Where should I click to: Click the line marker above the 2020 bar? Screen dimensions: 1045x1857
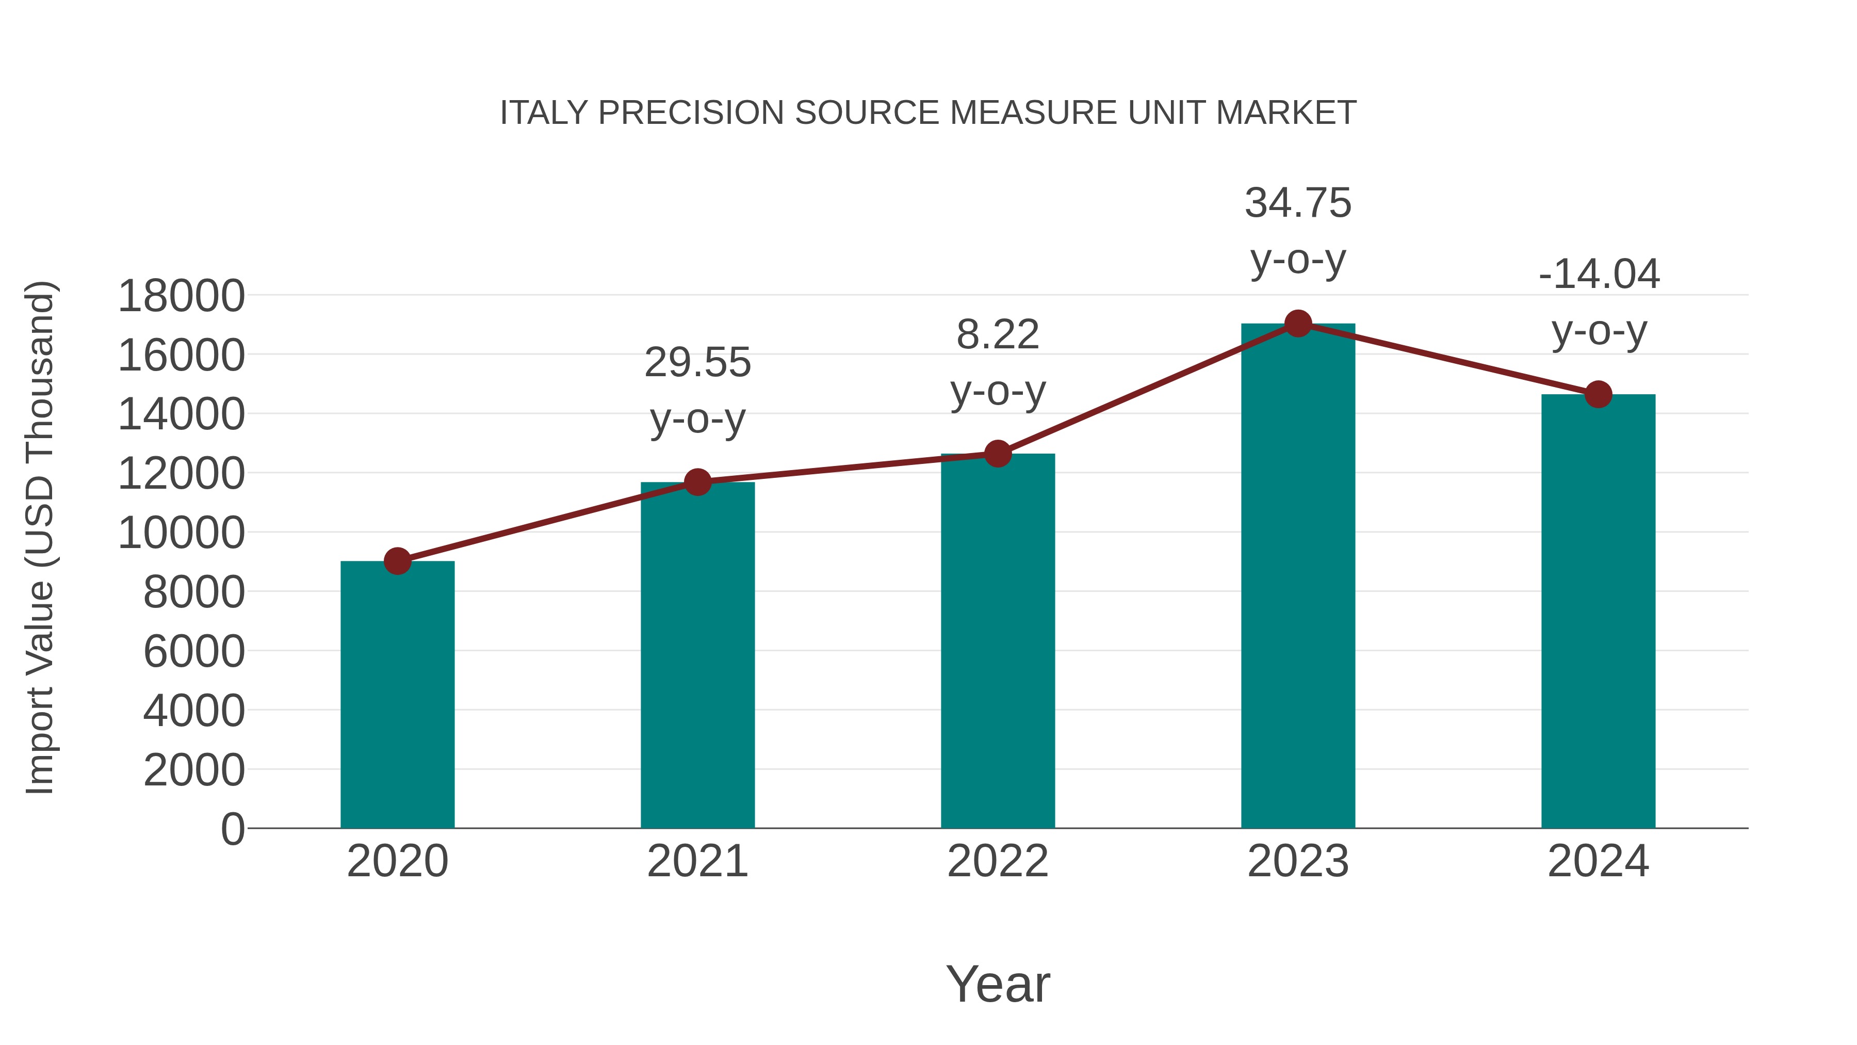click(x=397, y=560)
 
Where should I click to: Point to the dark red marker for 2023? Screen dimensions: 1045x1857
click(x=1298, y=324)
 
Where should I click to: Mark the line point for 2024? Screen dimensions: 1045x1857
click(x=1598, y=394)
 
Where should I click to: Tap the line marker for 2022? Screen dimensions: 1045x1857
click(x=998, y=454)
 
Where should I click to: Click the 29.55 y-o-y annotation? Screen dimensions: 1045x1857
click(x=697, y=362)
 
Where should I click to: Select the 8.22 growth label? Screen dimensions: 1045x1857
click(x=998, y=334)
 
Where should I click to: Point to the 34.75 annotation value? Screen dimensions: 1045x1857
click(x=1298, y=203)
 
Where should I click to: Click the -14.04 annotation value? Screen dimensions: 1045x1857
click(x=1598, y=274)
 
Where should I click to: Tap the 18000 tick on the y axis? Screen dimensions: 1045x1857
click(x=181, y=296)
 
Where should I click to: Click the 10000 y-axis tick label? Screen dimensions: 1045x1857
click(x=181, y=533)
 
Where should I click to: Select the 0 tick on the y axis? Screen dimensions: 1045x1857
click(x=232, y=829)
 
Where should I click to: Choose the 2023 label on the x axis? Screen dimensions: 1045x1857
click(x=1298, y=861)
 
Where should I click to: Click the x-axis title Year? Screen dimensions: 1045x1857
click(x=998, y=984)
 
